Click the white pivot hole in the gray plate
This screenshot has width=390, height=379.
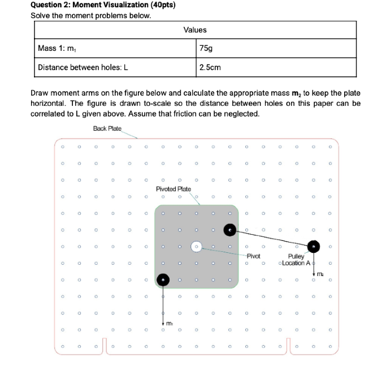pyautogui.click(x=196, y=247)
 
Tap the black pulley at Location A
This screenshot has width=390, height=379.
pyautogui.click(x=313, y=246)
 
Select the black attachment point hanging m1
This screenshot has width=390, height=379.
pyautogui.click(x=163, y=279)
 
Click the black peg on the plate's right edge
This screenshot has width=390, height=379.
pyautogui.click(x=229, y=230)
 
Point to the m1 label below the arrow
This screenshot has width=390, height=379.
pyautogui.click(x=169, y=323)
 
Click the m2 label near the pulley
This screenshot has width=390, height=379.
pyautogui.click(x=320, y=275)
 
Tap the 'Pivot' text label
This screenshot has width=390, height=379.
pyautogui.click(x=253, y=256)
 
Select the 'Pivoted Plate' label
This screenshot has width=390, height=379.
pyautogui.click(x=174, y=189)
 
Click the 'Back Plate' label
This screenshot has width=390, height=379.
pyautogui.click(x=107, y=129)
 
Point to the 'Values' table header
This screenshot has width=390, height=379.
pyautogui.click(x=195, y=29)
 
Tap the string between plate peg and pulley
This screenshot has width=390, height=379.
pyautogui.click(x=271, y=238)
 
